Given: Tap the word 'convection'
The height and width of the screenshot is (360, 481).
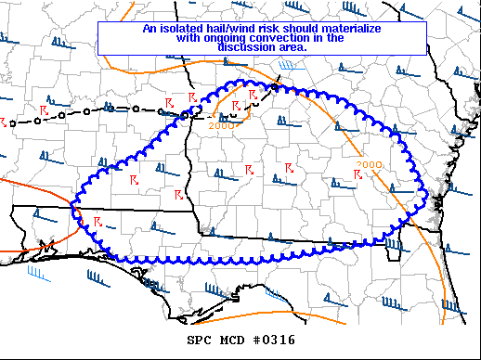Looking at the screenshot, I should [279, 38].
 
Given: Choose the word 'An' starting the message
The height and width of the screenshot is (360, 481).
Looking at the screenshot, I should [149, 28].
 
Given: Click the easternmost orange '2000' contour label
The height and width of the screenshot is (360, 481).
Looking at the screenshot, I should [367, 165].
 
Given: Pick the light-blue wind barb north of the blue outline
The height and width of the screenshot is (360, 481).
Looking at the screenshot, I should [289, 66].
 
